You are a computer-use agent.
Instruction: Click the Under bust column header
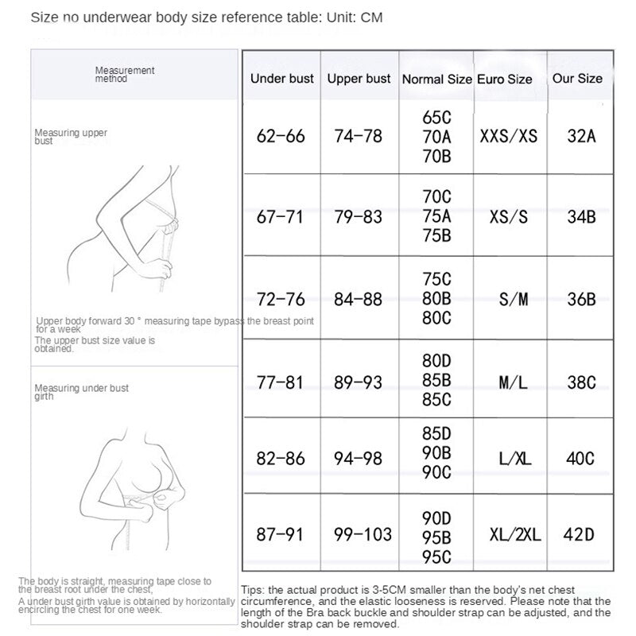click(281, 79)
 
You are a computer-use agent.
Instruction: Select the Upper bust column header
click(359, 79)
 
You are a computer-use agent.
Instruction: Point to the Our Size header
click(577, 79)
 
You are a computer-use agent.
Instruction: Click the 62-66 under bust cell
click(281, 136)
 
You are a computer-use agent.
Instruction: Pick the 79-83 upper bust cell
click(359, 217)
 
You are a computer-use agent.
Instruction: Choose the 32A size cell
click(581, 136)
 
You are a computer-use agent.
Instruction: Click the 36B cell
click(581, 300)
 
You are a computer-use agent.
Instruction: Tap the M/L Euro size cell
click(513, 382)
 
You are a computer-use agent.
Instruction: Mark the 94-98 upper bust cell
click(359, 459)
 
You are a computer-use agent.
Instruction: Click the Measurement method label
click(124, 75)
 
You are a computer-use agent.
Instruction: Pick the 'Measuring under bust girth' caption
click(81, 392)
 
